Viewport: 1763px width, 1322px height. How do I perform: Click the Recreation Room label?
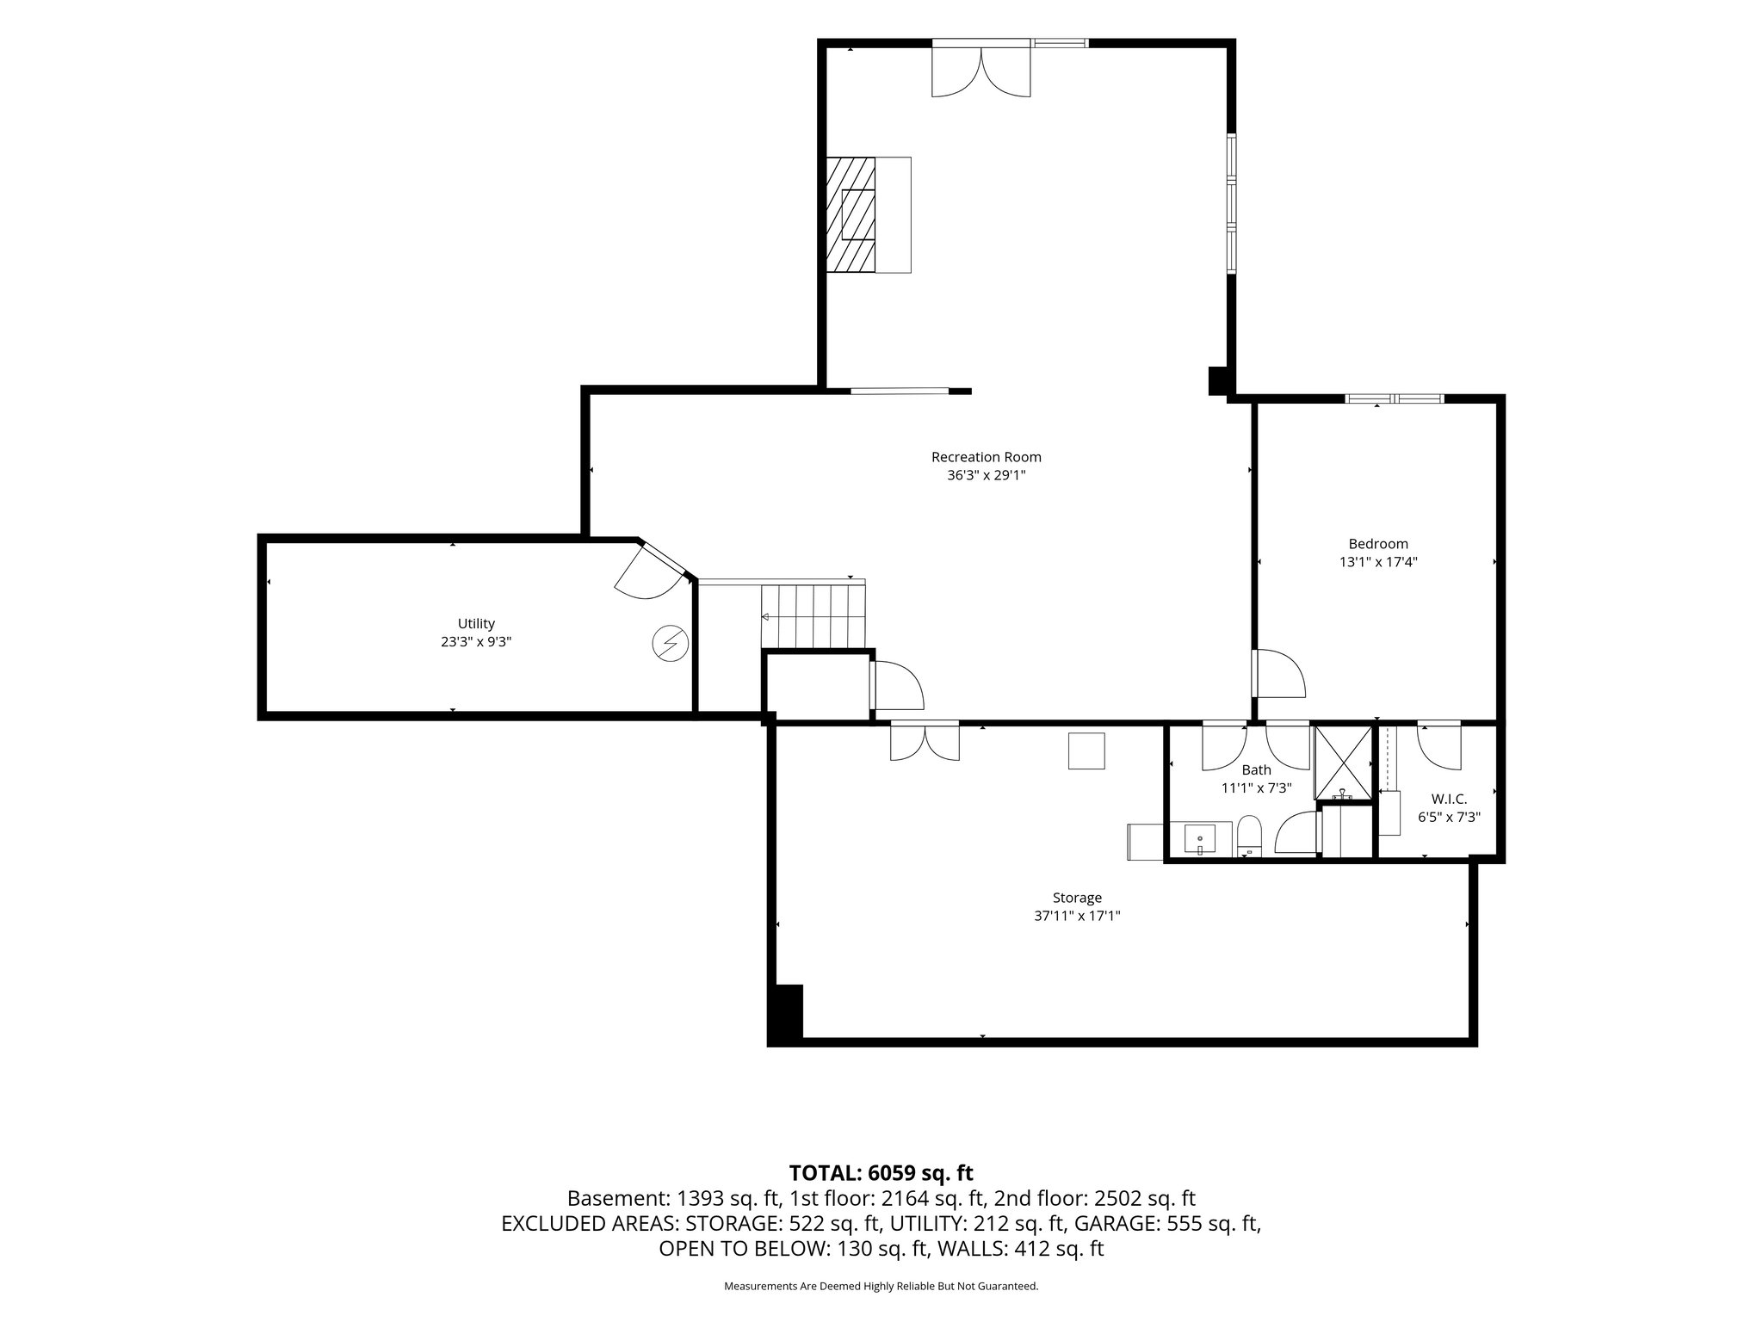[986, 457]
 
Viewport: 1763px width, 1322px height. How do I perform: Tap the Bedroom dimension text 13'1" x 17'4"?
[1377, 562]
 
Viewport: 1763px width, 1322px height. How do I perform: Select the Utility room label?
[476, 624]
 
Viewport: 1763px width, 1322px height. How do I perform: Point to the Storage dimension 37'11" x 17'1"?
[1077, 917]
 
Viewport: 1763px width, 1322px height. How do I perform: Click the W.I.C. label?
[1450, 800]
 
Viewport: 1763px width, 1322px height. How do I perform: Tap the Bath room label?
[1256, 770]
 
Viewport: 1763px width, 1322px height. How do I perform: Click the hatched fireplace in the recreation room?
[851, 215]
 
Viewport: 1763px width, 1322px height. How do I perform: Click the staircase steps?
[813, 616]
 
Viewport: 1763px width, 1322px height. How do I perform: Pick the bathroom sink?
[1200, 839]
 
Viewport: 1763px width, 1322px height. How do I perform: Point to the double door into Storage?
[925, 741]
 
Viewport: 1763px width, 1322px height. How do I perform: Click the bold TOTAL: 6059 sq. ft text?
[881, 1173]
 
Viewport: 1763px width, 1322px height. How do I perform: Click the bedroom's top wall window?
[1395, 398]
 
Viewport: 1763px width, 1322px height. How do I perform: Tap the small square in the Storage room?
[1086, 751]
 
